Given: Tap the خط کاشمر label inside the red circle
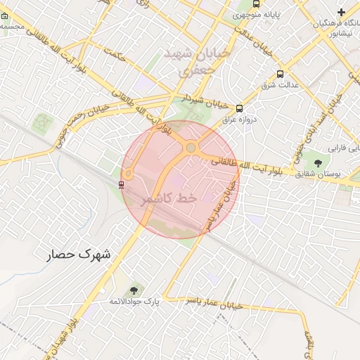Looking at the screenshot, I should click(169, 200).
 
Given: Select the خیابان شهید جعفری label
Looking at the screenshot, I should click(191, 62).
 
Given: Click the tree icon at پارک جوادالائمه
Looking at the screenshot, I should click(134, 290).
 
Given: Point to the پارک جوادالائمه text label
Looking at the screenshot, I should click(134, 301).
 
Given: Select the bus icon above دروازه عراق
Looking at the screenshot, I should click(240, 109).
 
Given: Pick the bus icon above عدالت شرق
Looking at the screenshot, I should click(281, 74).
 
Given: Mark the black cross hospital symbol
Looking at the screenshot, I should click(342, 12).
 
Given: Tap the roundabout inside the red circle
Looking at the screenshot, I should click(191, 148).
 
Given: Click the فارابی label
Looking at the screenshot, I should click(344, 149).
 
